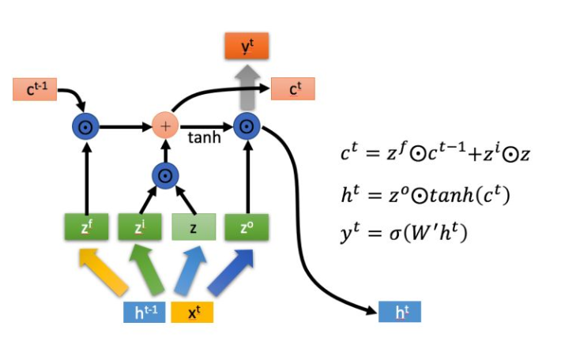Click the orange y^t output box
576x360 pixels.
tap(247, 47)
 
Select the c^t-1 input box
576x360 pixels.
tap(35, 88)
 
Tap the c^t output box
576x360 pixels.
tap(293, 89)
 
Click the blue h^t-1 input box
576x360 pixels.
tap(144, 312)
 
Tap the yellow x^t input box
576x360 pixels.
tap(193, 312)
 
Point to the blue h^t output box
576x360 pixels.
tap(400, 312)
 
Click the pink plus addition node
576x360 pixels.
tap(165, 126)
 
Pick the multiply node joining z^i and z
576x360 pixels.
tap(165, 175)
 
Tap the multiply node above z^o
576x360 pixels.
tap(247, 126)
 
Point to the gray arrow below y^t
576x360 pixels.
tap(247, 87)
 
